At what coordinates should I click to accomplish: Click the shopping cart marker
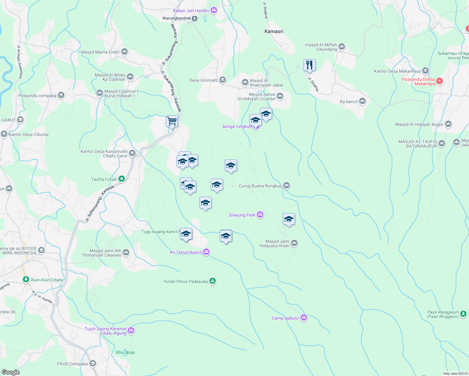click(x=172, y=121)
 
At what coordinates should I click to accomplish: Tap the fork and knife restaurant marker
click(x=309, y=65)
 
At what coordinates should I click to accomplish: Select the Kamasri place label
click(x=274, y=31)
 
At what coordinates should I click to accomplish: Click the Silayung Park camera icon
click(x=260, y=215)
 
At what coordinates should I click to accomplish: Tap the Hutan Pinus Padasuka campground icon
click(x=213, y=281)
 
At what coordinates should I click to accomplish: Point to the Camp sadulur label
click(x=285, y=318)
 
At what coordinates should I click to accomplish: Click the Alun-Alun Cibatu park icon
click(x=26, y=279)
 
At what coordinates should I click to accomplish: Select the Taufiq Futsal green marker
click(x=122, y=179)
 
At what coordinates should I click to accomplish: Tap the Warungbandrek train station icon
click(x=195, y=18)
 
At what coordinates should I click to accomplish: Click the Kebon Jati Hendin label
click(x=191, y=11)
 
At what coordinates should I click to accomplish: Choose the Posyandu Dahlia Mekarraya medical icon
click(x=440, y=81)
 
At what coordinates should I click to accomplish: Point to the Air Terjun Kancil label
click(x=186, y=252)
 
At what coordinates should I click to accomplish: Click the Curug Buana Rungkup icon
click(x=287, y=185)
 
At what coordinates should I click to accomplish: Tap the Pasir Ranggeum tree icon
click(x=463, y=314)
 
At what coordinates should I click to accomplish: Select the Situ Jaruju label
click(x=125, y=352)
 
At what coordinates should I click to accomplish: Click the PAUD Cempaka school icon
click(x=92, y=363)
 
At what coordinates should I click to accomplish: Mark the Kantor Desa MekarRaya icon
click(x=425, y=71)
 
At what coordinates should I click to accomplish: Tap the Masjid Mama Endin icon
click(x=124, y=52)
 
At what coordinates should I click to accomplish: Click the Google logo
click(x=10, y=372)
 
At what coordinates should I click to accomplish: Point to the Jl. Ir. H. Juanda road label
click(x=42, y=297)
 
